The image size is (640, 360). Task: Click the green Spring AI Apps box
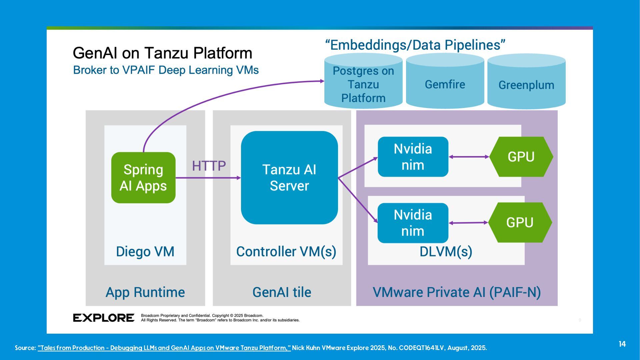(x=143, y=178)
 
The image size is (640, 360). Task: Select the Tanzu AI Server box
(x=289, y=178)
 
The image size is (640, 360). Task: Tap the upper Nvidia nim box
(x=413, y=157)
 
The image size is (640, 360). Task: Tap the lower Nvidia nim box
(x=413, y=223)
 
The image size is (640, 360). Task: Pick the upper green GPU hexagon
(x=521, y=157)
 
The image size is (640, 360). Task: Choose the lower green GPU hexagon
(x=520, y=222)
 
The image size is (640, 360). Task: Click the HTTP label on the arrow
(x=209, y=166)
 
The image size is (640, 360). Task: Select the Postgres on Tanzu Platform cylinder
(x=363, y=84)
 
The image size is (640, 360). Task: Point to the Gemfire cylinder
(x=445, y=84)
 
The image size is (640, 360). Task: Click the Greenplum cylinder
(x=526, y=85)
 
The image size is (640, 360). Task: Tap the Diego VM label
(x=145, y=252)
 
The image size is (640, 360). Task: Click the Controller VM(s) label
(x=286, y=252)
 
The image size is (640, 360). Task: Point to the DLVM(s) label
(x=446, y=252)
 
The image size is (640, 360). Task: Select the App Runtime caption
(x=145, y=292)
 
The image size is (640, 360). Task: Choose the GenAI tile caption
(x=282, y=292)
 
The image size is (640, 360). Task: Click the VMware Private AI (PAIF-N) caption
(x=457, y=292)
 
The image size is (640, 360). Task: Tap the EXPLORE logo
(x=104, y=318)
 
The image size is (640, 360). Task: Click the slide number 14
(x=622, y=344)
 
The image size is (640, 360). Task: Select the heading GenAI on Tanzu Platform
(x=162, y=53)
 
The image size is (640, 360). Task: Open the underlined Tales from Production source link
(x=164, y=348)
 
